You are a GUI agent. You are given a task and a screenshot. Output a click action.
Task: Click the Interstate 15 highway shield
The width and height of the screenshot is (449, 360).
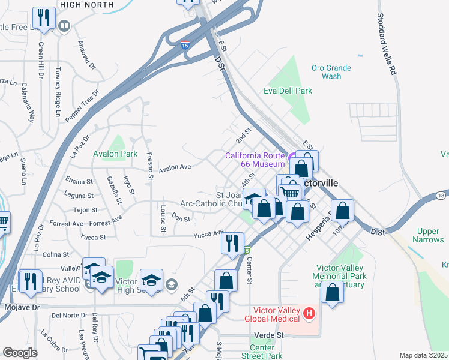[x=185, y=44]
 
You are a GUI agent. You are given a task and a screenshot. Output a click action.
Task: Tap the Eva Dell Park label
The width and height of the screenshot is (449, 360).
[x=288, y=91]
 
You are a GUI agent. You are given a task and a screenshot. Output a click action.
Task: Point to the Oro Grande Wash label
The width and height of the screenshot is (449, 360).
[x=331, y=72]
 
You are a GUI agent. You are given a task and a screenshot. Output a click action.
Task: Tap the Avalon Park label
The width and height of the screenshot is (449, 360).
[x=115, y=154]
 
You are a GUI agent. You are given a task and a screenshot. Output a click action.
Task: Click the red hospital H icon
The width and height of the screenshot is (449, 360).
[x=309, y=313]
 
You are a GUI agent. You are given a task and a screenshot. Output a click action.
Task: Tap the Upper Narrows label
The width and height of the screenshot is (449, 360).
[x=429, y=236]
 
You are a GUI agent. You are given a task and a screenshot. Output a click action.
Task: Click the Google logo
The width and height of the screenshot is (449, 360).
[x=20, y=353]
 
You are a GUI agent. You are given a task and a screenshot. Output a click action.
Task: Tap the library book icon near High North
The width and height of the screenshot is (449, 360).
[x=64, y=26]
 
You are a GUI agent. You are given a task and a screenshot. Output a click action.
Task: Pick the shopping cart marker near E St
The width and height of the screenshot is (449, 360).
[x=291, y=191]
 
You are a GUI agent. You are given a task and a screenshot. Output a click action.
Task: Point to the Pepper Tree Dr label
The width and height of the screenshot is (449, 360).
[x=82, y=107]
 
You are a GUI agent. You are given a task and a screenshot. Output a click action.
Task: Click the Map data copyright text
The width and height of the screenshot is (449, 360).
[x=423, y=355]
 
